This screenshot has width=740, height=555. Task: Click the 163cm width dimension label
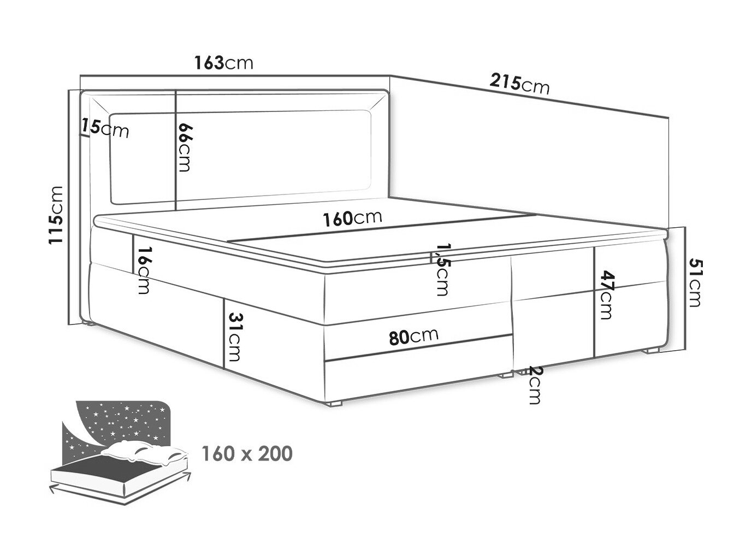tap(223, 63)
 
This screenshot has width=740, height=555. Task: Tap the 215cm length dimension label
tap(519, 84)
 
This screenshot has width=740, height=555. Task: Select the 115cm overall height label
tap(56, 215)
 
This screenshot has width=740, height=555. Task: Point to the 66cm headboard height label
tap(186, 147)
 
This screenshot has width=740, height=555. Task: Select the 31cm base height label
tap(235, 337)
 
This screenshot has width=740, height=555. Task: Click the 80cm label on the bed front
tap(413, 335)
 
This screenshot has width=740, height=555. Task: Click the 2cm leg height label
tap(534, 385)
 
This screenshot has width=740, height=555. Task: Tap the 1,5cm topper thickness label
tap(442, 269)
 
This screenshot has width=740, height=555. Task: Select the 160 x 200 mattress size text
tap(247, 453)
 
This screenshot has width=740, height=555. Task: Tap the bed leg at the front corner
tap(335, 403)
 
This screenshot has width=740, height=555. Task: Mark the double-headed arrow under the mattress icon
tap(120, 493)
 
